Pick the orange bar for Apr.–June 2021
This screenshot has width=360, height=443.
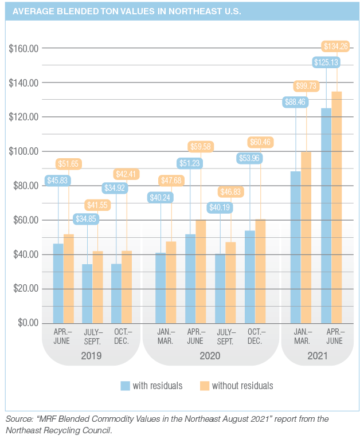click(x=336, y=206)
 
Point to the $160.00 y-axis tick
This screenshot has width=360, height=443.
click(x=23, y=48)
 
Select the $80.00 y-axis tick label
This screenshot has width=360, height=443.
click(x=25, y=186)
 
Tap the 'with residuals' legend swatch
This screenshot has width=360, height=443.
click(x=126, y=386)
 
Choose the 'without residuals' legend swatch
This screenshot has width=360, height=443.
click(x=204, y=386)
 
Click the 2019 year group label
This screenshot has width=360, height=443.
click(x=91, y=356)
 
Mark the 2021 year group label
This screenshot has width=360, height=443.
click(x=316, y=356)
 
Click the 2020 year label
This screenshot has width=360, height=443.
click(x=209, y=356)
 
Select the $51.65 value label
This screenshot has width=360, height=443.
click(x=69, y=164)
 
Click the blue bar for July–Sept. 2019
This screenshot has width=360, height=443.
click(x=87, y=293)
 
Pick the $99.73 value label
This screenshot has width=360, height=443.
click(x=306, y=86)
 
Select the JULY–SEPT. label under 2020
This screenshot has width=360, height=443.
click(x=226, y=336)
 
